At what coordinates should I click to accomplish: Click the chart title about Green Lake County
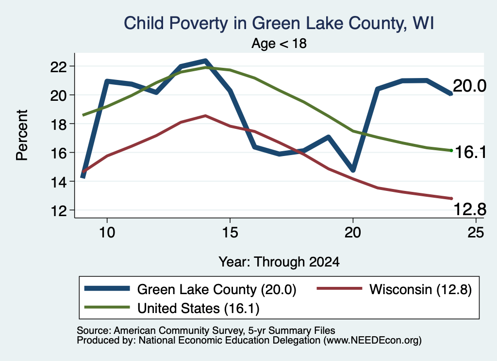point(279,23)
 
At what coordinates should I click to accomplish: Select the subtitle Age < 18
point(279,43)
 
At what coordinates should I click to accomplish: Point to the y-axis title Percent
point(22,135)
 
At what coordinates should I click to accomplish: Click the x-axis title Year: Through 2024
point(279,262)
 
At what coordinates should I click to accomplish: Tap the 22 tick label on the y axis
point(59,67)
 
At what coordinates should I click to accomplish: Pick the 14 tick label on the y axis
point(59,182)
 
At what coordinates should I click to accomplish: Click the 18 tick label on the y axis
point(59,125)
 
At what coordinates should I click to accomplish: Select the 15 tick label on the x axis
point(230,233)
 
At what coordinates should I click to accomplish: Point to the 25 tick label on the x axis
point(476,233)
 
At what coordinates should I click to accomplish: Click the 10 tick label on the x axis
point(107,233)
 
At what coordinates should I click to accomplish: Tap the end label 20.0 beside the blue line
point(469,86)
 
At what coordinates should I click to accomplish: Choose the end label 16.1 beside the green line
point(470,152)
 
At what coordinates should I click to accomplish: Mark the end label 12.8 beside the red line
point(470,209)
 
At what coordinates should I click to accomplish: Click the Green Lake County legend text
point(217,289)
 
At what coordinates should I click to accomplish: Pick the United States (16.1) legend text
point(199,309)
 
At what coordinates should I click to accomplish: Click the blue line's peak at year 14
point(205,60)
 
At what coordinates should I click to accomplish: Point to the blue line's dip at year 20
point(353,171)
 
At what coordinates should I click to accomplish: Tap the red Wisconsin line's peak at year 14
point(205,115)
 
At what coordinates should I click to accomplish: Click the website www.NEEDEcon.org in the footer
point(372,341)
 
